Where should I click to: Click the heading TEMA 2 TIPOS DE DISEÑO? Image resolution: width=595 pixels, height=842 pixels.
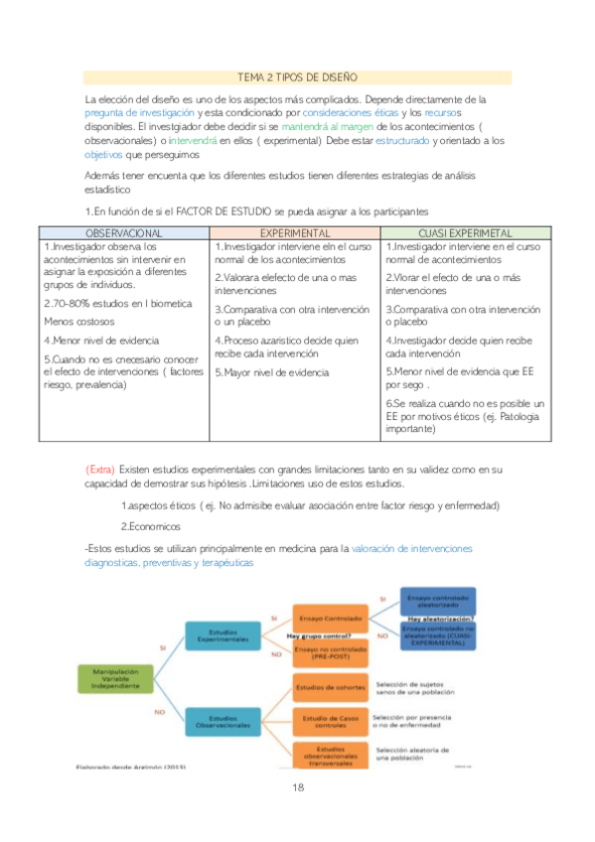(x=298, y=76)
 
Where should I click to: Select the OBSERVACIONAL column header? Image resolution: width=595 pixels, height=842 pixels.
(x=124, y=230)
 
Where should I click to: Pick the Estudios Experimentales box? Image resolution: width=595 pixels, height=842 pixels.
(x=223, y=634)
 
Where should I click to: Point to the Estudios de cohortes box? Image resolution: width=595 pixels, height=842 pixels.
(x=329, y=686)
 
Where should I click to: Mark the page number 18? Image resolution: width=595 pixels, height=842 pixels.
(x=297, y=787)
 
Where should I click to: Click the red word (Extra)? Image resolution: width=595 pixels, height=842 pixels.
(x=100, y=469)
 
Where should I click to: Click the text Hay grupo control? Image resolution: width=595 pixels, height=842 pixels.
(x=319, y=634)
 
